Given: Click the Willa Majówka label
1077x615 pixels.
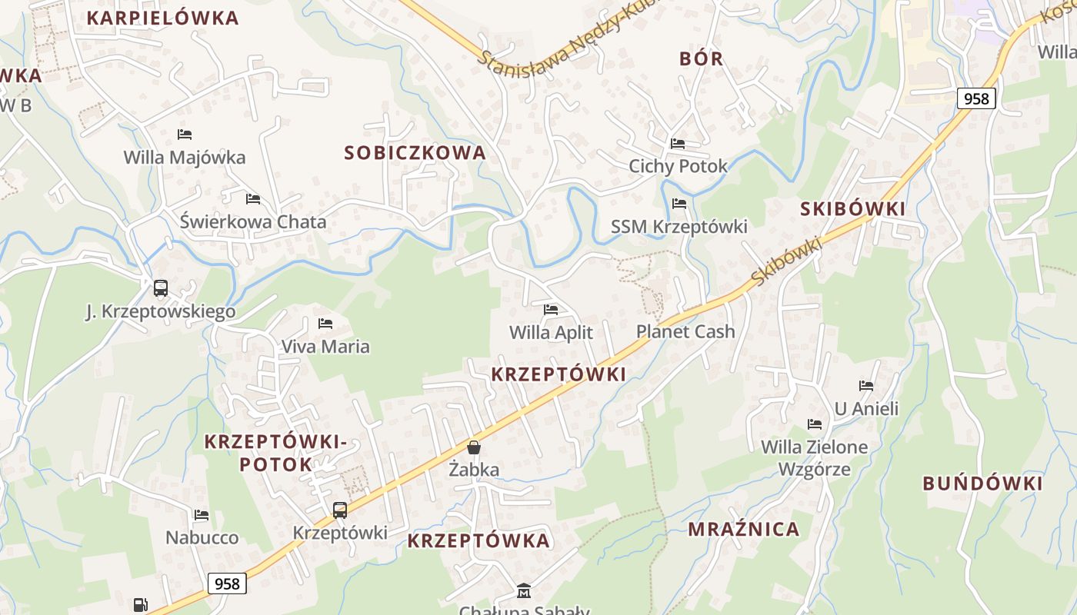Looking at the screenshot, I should pos(185,158).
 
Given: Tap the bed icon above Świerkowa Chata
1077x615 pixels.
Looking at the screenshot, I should pos(253,199).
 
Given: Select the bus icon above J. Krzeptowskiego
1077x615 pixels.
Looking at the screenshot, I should pos(161,288).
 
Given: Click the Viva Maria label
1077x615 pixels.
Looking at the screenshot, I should pos(325,347).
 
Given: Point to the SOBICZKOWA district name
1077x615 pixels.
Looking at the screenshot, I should pos(415,153).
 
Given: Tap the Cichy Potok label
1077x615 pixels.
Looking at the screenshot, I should pos(678,166).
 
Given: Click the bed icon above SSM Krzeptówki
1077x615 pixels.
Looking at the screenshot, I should pos(679,204).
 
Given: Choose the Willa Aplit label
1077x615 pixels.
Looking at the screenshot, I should pos(551,333).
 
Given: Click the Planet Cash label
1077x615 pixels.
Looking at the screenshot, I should pos(685,332).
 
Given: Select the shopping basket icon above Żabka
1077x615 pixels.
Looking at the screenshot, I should pos(474,447).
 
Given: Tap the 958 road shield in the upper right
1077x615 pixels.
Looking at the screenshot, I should pos(976,98).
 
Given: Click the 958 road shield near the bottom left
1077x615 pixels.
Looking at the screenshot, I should pos(227,583).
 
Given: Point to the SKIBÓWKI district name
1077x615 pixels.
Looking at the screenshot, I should pos(853,209).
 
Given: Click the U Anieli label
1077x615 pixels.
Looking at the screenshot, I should pos(866,409).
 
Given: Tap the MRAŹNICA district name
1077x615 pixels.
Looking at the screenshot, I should pos(744,529).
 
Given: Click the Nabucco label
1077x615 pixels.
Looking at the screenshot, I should pos(202,537).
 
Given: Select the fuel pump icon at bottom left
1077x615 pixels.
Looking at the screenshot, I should pos(140,605).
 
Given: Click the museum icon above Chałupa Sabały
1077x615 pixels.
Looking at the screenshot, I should pos(524,590).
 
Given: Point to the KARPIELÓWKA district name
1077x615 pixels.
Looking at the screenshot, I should pos(163,18).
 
